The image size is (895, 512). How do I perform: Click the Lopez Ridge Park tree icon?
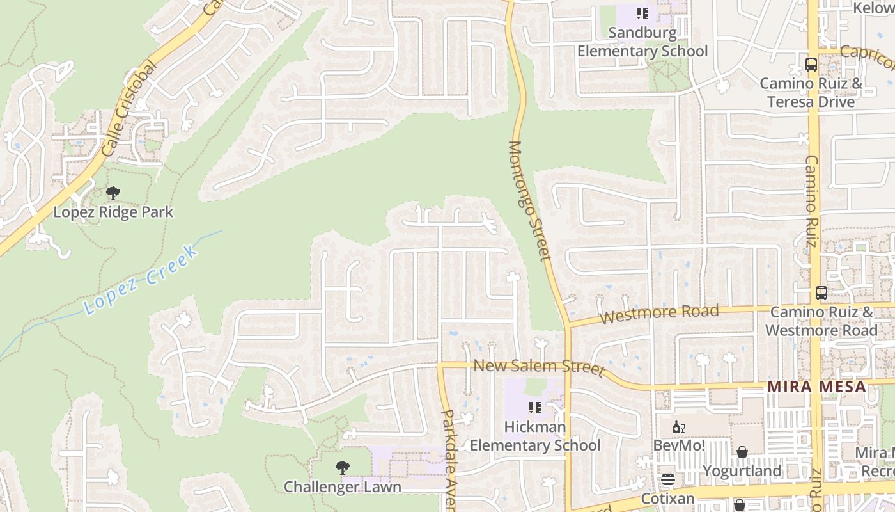click(113, 193)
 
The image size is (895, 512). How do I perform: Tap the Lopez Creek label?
click(141, 279)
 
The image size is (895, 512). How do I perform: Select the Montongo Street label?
click(529, 201)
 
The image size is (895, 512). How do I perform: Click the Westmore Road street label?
click(659, 314)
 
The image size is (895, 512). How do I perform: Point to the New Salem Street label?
click(538, 367)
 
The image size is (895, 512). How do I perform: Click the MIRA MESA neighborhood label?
click(816, 387)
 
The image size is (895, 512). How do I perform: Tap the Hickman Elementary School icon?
click(535, 408)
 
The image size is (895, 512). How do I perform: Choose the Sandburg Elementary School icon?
click(642, 13)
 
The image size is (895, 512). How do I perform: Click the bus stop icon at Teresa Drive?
click(811, 65)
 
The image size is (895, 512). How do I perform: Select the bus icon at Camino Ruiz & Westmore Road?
click(821, 293)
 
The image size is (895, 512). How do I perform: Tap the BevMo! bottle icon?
click(678, 427)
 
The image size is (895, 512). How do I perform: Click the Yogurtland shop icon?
click(742, 452)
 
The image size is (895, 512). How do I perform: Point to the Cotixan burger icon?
click(668, 479)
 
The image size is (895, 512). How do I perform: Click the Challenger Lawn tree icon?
click(343, 467)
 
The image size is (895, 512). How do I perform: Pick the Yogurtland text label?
click(742, 471)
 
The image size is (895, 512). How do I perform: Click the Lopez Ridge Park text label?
click(113, 212)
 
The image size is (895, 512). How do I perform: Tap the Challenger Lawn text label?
click(343, 486)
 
